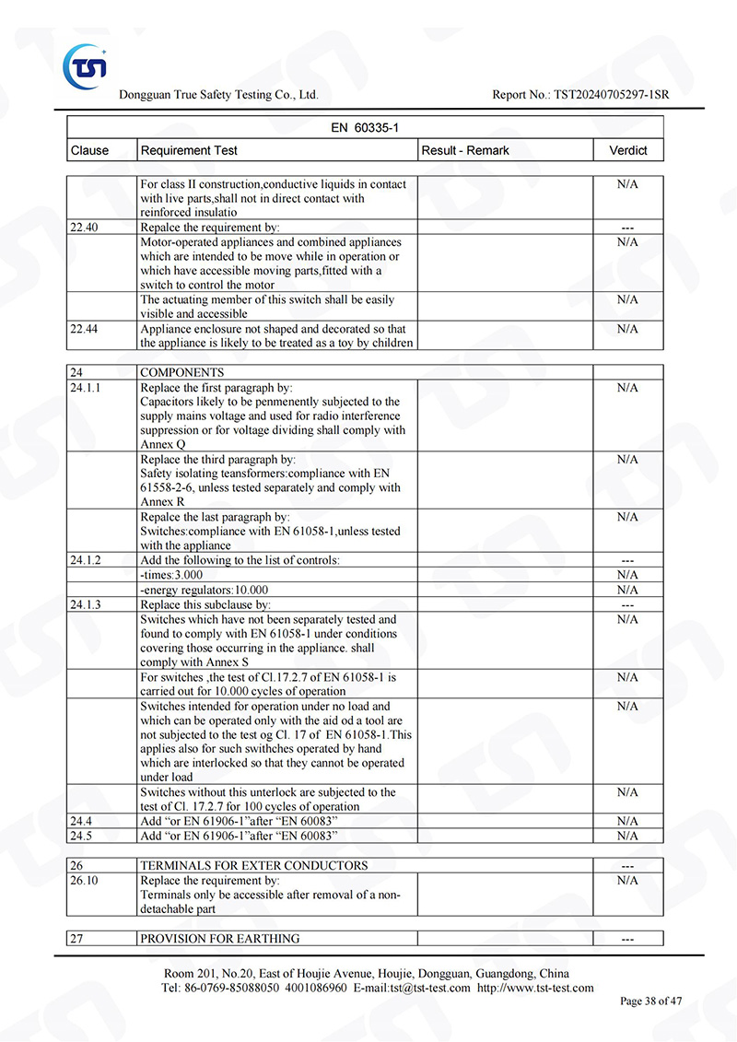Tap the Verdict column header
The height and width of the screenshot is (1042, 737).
tap(628, 150)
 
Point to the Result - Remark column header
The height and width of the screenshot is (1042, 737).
tap(464, 150)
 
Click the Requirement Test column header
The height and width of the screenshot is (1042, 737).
tap(189, 150)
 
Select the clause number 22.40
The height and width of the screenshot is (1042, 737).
tap(84, 228)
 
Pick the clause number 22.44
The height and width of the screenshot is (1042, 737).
tap(84, 329)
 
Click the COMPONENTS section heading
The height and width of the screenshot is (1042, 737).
tap(181, 373)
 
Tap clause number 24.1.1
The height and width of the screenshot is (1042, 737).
tap(86, 388)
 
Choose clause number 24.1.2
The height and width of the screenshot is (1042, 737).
tap(86, 560)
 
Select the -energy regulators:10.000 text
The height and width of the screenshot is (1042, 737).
tap(205, 590)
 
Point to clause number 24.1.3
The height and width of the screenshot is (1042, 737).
tap(86, 604)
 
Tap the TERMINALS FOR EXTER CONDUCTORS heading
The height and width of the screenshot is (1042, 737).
tap(253, 866)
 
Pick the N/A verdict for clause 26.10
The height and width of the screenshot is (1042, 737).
tap(627, 881)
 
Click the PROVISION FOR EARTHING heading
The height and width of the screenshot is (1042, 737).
tap(219, 939)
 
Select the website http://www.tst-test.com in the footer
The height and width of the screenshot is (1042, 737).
tap(535, 988)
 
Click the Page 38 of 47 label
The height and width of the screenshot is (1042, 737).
tap(651, 1001)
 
